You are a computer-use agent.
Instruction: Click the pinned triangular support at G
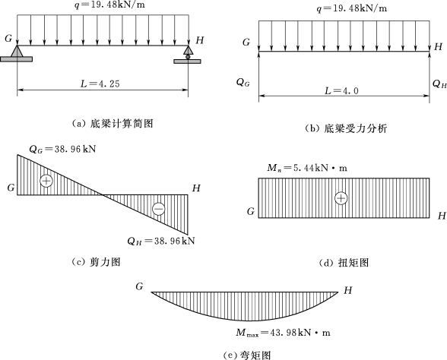(17, 53)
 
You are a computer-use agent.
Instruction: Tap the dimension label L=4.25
(100, 84)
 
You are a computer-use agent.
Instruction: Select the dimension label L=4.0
(342, 90)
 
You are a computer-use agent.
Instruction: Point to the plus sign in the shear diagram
(46, 181)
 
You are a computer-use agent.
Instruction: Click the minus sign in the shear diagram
(158, 209)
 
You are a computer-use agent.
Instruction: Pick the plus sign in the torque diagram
(341, 198)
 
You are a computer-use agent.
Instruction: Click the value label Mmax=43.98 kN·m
(283, 333)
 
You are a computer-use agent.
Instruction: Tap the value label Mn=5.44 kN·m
(307, 168)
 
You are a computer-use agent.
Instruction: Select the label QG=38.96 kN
(62, 149)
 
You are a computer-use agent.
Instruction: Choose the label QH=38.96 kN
(161, 242)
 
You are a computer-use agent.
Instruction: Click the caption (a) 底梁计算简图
(113, 124)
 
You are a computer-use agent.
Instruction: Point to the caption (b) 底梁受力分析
(346, 129)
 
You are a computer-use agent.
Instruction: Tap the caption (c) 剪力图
(96, 262)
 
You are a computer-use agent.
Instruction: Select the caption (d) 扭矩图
(344, 263)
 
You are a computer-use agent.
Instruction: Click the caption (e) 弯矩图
(247, 355)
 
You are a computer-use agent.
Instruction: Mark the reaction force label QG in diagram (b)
(243, 83)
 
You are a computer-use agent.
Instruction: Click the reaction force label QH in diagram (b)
(439, 84)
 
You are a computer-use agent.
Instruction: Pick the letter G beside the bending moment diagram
(139, 286)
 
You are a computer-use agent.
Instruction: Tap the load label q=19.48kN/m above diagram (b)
(352, 8)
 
